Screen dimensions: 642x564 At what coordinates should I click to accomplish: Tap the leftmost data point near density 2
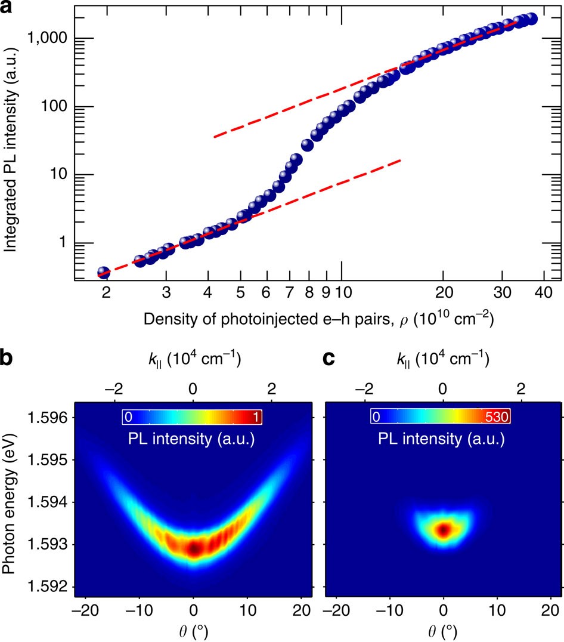pyautogui.click(x=104, y=273)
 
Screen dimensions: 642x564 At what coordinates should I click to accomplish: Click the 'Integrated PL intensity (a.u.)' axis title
pyautogui.click(x=10, y=143)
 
